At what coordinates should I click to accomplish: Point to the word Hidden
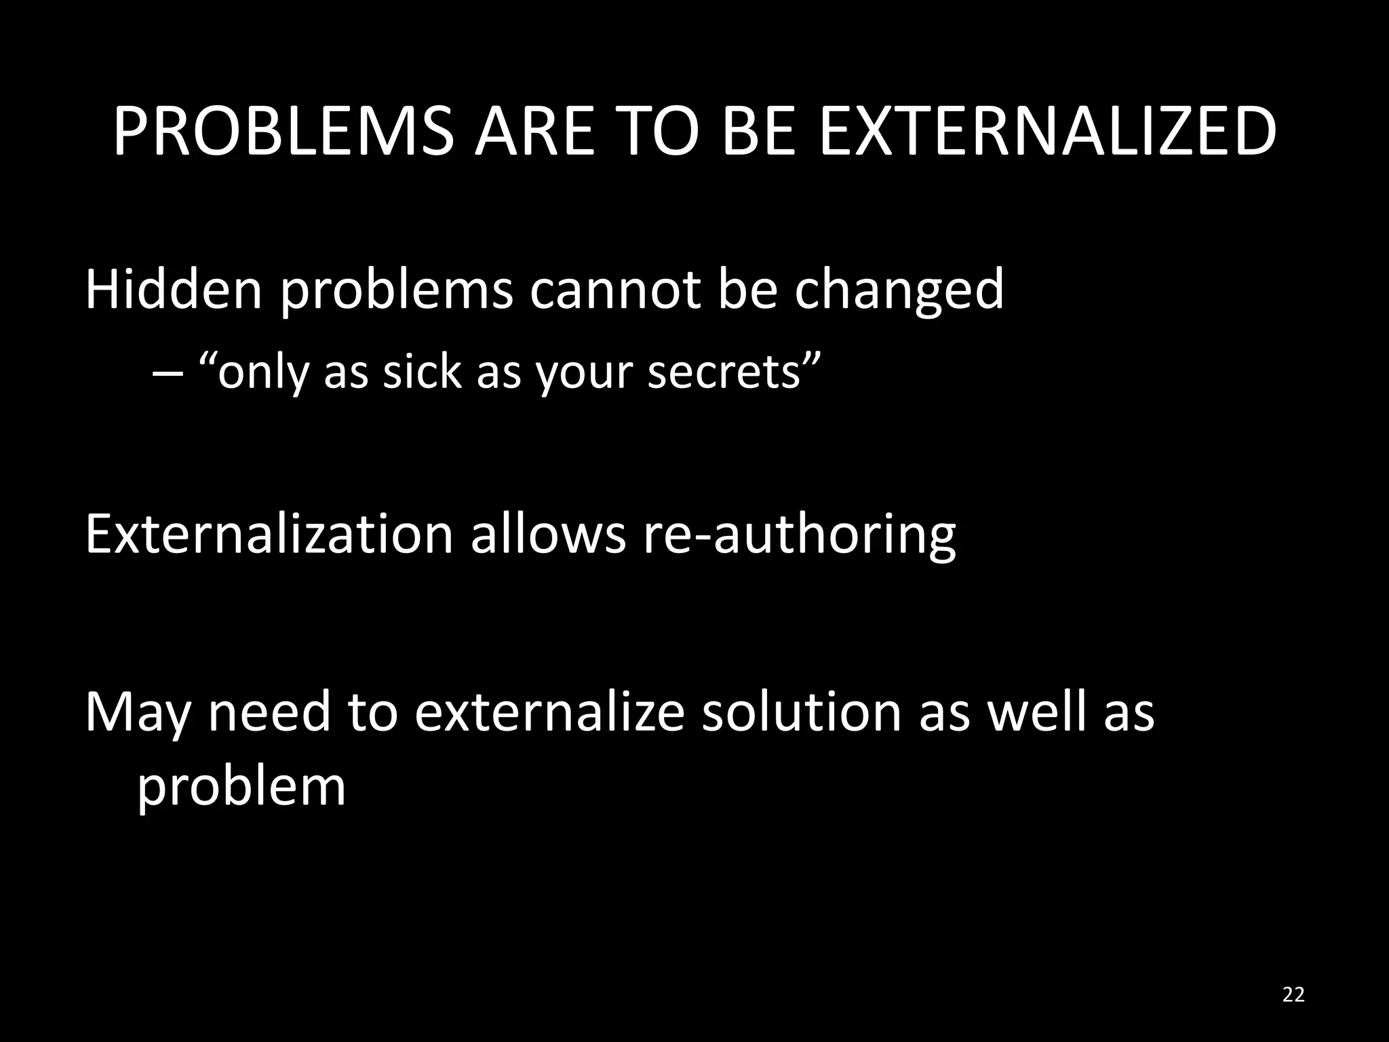tap(173, 290)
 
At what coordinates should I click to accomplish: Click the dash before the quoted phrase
tap(163, 373)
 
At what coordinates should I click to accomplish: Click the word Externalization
tap(269, 535)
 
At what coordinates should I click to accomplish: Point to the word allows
tap(548, 535)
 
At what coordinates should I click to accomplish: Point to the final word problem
tap(241, 787)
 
